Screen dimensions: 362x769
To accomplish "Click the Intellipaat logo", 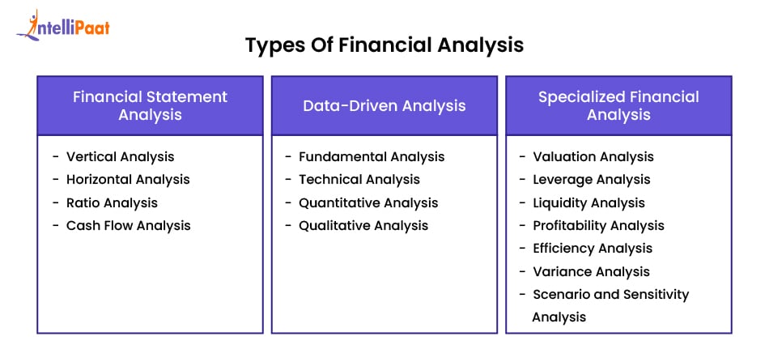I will (x=63, y=26).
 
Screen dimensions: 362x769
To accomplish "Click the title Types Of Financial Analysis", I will (x=384, y=45).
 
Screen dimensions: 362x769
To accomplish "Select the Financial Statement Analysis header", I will (x=150, y=105).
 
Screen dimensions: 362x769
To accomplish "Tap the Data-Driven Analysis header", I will (x=384, y=105).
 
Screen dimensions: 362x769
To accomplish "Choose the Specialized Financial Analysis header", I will (x=618, y=105).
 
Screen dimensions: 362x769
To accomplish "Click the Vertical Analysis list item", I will (x=120, y=156).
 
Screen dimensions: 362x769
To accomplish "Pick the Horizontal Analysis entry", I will (x=128, y=179).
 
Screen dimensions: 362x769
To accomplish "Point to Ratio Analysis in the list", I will (x=112, y=202).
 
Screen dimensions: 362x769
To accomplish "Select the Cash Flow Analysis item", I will (x=128, y=225).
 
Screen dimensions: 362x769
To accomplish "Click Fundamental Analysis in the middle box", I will (x=372, y=156).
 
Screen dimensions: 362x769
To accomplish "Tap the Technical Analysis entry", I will (x=360, y=179).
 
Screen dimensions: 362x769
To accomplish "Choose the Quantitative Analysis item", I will (x=368, y=202).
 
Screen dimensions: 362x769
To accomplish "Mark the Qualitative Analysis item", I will (x=363, y=225).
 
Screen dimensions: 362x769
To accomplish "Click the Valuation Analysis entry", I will (x=593, y=156).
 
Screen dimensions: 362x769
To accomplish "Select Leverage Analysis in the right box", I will (x=591, y=179).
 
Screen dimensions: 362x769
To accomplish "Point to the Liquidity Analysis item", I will (x=588, y=202).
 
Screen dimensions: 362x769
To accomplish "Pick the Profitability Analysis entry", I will (x=598, y=225).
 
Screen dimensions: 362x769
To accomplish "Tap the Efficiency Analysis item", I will (x=592, y=248).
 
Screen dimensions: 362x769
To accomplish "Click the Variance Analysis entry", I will (x=591, y=271).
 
